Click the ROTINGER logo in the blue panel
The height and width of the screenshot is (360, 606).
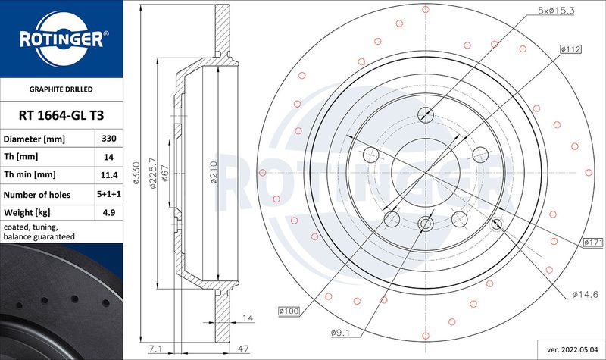coord(61,39)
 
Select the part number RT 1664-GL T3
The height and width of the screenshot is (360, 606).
coord(61,115)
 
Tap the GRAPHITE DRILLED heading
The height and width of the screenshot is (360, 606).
coord(61,89)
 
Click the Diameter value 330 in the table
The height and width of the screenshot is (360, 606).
coord(108,139)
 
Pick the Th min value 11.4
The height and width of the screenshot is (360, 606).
coord(109,175)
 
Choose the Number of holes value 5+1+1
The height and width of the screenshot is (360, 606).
coord(109,194)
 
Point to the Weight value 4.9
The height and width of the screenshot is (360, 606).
coord(109,212)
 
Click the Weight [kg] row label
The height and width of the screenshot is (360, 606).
coord(27,213)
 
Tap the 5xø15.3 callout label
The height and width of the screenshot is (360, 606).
coord(556,11)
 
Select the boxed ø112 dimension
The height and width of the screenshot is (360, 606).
coord(570,49)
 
